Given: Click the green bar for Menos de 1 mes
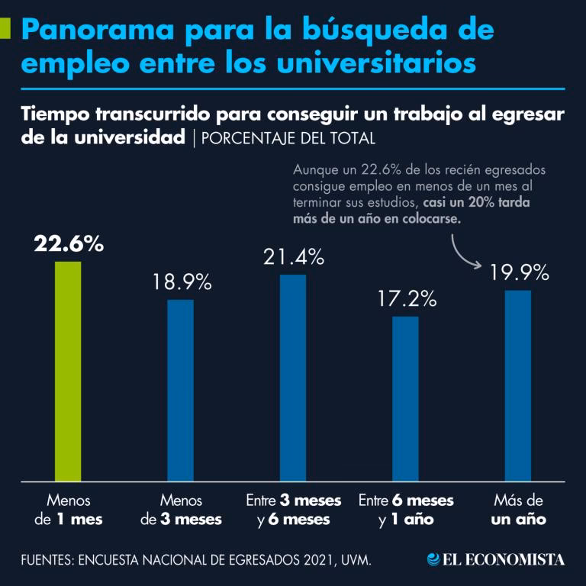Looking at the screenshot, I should (x=68, y=371).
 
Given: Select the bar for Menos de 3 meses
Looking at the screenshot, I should (x=180, y=390).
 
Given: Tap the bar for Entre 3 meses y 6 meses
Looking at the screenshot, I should (x=293, y=378).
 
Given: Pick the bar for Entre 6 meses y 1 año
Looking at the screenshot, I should (x=405, y=398).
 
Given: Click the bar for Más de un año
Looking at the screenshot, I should (x=518, y=385).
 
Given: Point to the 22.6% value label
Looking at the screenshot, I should (x=68, y=244).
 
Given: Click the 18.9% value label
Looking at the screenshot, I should (x=180, y=282).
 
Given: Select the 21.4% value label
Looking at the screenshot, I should (x=293, y=258).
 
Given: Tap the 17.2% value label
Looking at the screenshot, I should (x=406, y=298).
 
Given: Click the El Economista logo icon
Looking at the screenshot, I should (x=433, y=559).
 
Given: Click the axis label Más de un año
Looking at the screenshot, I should (x=518, y=510).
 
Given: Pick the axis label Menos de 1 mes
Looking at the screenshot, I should (x=68, y=510).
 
